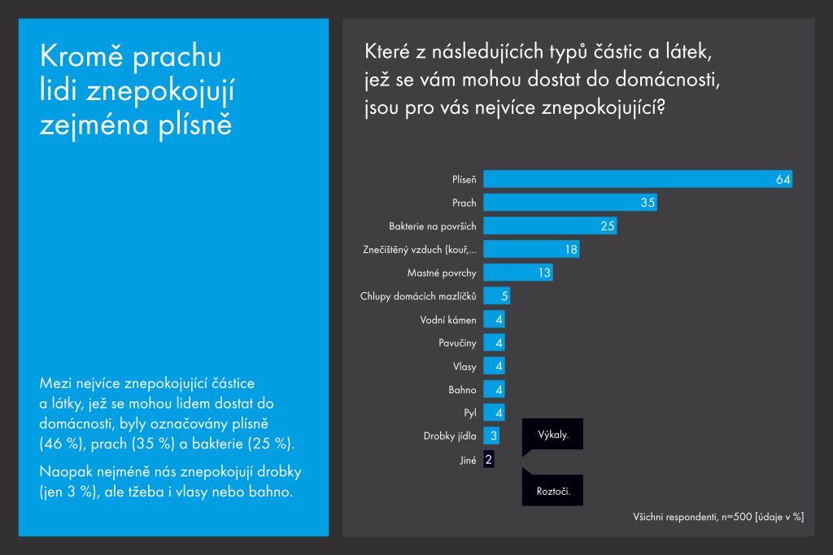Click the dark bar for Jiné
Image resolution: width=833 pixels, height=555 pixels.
point(488,460)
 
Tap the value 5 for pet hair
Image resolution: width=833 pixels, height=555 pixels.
point(504,296)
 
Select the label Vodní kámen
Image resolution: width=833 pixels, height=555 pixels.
point(448,320)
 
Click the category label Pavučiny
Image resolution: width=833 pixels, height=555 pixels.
point(457,343)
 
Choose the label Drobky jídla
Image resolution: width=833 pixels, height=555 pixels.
point(450,437)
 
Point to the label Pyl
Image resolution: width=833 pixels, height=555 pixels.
point(469,413)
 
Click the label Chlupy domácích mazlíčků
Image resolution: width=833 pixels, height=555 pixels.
point(418,296)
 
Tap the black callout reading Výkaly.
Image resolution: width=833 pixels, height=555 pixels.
point(553,435)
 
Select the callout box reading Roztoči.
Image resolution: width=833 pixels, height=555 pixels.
point(553,491)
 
